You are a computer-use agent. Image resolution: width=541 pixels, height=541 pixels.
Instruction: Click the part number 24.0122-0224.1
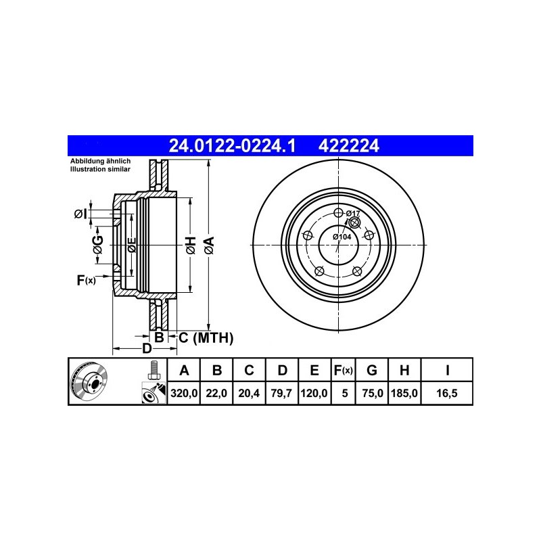(x=232, y=145)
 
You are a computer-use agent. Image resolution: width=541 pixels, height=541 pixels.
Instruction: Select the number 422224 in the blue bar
(x=348, y=145)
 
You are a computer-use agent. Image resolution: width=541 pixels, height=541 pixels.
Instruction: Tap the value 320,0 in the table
(x=184, y=393)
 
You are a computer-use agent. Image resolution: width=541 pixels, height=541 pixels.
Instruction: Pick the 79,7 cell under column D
(x=281, y=393)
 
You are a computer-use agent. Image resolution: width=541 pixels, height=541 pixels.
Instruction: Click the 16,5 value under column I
(x=447, y=393)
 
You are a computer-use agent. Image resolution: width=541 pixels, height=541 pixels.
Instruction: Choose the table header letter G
(x=371, y=370)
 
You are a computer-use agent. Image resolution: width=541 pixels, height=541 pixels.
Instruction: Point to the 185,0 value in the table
(x=404, y=393)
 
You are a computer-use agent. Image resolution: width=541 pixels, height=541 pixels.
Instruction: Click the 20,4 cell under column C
(x=249, y=393)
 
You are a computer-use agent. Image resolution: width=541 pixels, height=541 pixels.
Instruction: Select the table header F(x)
(x=344, y=370)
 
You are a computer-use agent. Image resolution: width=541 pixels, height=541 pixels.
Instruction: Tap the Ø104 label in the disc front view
(x=342, y=237)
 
